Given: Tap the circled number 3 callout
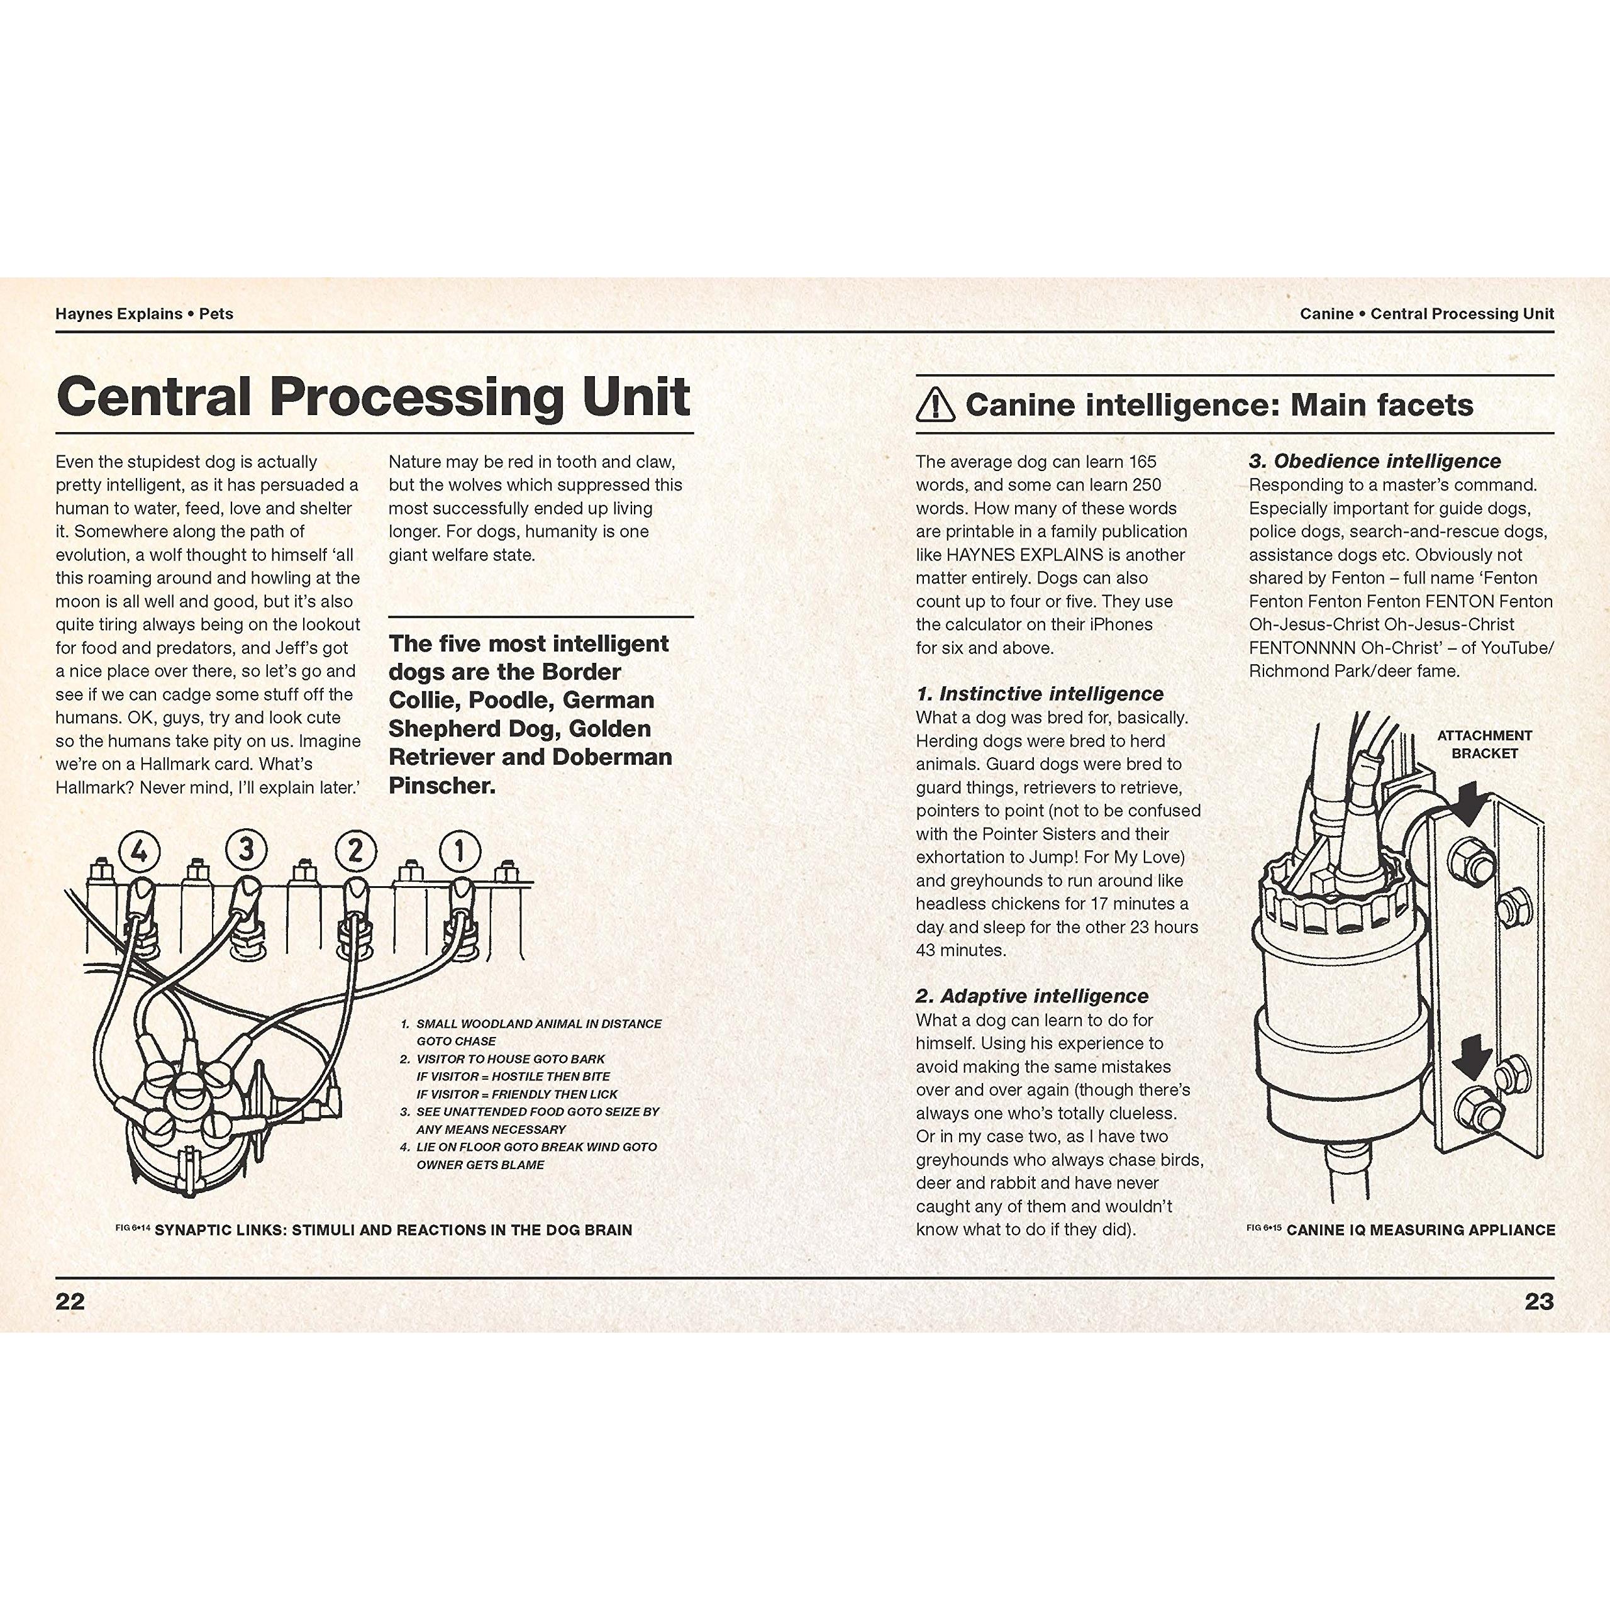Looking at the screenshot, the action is point(247,849).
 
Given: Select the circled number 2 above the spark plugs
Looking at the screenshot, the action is point(355,851).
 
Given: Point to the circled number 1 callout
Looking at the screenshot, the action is point(459,851).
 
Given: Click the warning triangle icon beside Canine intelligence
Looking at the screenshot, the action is point(935,406).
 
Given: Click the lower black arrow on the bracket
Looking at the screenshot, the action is point(1470,1057).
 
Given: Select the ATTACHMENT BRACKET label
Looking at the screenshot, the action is point(1484,744).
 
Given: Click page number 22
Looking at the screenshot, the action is point(70,1302).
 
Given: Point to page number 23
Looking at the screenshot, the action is point(1539,1302).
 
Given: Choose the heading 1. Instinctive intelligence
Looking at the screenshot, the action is point(1039,693).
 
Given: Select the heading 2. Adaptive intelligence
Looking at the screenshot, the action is point(1031,996).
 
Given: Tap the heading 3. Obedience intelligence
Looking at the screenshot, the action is point(1374,461).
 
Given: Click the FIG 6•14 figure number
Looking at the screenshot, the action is point(133,1228).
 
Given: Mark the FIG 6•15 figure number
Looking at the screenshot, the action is point(1264,1228).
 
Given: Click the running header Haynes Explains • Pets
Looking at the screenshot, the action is point(144,314).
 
